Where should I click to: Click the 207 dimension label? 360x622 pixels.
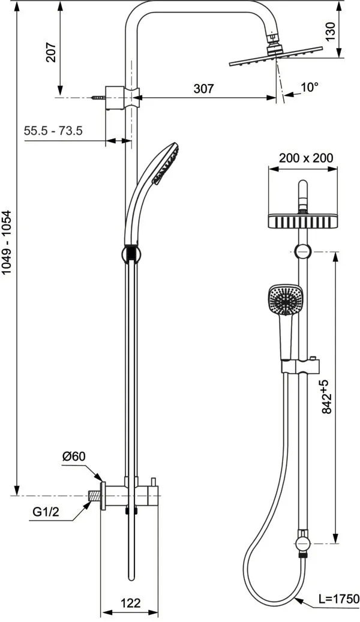tap(51, 52)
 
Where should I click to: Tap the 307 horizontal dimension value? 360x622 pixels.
tap(203, 89)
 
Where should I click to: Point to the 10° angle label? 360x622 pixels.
tap(309, 88)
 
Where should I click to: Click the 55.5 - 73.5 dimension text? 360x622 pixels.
tap(53, 131)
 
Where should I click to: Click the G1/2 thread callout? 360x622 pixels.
tap(47, 513)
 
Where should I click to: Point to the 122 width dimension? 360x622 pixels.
tap(130, 603)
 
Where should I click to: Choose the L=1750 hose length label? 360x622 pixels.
tap(338, 599)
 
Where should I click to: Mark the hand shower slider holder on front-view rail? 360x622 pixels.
tap(301, 365)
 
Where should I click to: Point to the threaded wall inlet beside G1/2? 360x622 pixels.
tap(93, 496)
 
